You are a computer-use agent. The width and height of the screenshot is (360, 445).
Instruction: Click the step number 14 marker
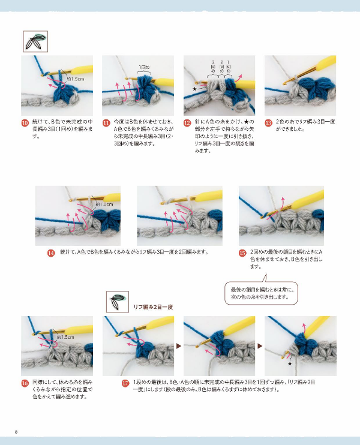click(x=51, y=252)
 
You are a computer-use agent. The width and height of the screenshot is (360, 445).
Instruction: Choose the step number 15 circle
click(x=242, y=253)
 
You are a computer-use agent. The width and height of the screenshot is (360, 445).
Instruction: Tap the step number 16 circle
click(x=25, y=383)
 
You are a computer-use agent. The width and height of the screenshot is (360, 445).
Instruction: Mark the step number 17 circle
click(x=125, y=383)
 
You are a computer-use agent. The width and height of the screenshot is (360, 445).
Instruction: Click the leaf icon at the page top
click(x=34, y=42)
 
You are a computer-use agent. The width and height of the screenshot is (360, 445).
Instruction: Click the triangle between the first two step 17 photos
click(x=178, y=346)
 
